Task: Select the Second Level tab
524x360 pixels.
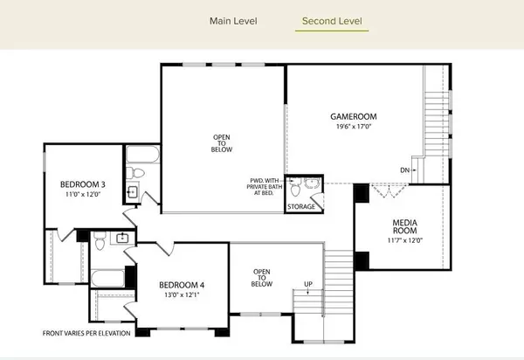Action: tap(332, 21)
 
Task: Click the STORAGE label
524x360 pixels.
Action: tap(302, 207)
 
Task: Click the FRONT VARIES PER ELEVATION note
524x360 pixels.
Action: tap(86, 334)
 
